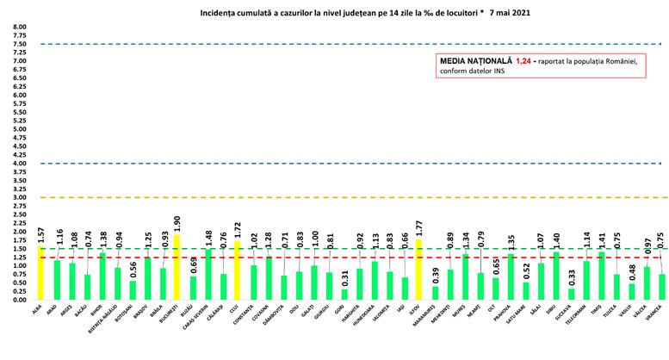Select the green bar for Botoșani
tap(133, 290)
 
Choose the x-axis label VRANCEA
tap(641, 317)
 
